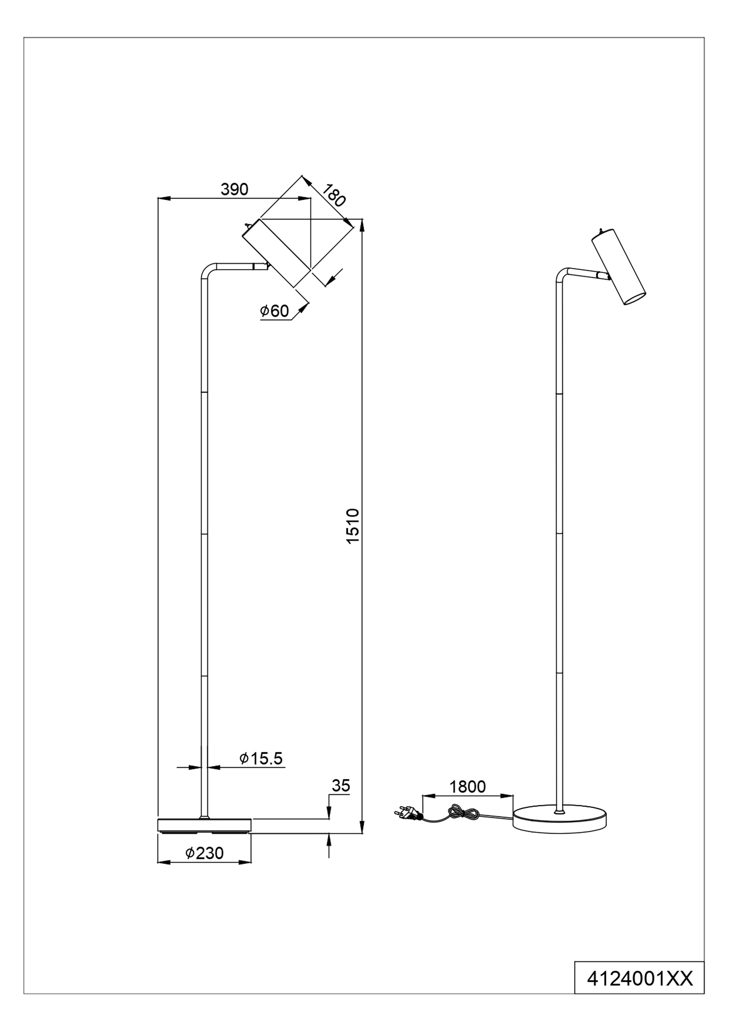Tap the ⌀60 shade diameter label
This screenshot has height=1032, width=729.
[x=274, y=311]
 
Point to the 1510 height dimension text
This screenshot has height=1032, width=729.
[x=353, y=526]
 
